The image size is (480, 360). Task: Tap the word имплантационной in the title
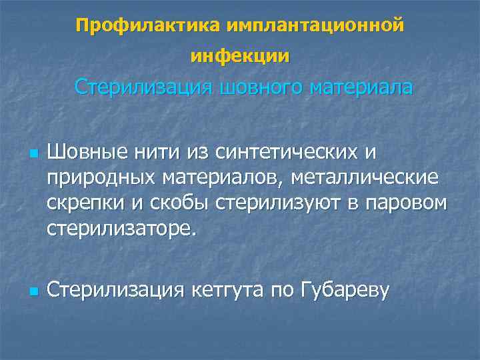[315, 25]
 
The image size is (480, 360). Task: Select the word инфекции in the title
[240, 57]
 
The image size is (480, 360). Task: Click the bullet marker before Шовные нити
[32, 153]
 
